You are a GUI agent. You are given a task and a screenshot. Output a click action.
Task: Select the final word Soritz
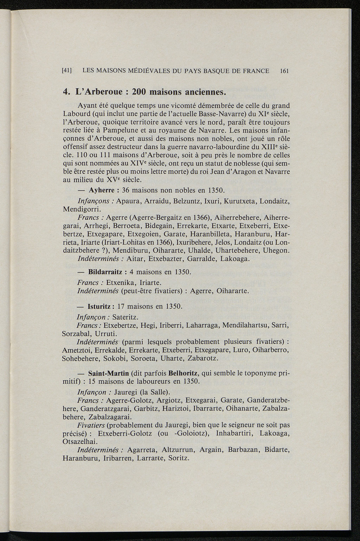click(179, 458)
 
